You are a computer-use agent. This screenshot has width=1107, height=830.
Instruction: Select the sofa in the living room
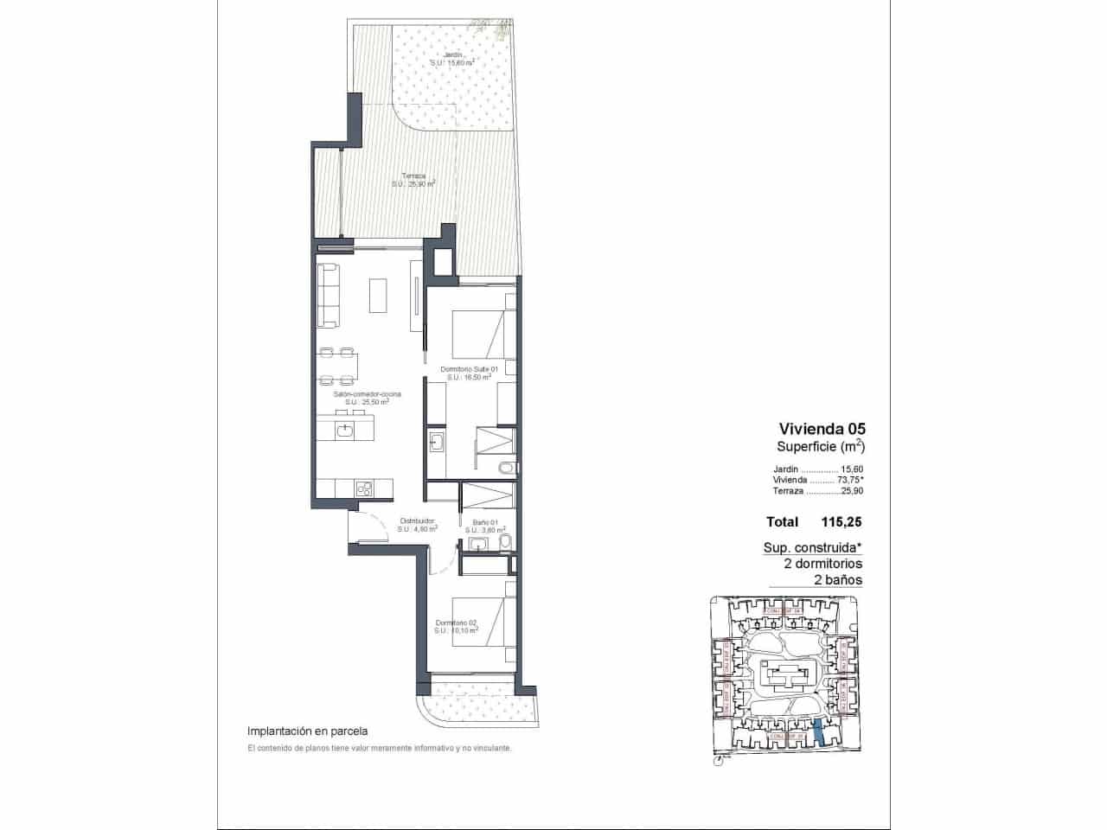328,296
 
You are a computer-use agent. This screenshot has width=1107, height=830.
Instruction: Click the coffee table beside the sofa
379,295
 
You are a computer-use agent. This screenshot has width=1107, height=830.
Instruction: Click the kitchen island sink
346,428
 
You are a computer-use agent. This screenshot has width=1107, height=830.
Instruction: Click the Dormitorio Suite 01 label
469,369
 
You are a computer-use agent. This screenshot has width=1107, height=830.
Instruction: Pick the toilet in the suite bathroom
508,469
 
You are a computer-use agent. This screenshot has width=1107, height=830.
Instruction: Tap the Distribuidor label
416,521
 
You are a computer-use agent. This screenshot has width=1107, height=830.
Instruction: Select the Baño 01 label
485,522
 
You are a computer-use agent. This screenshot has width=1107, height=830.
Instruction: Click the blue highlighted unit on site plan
818,733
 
